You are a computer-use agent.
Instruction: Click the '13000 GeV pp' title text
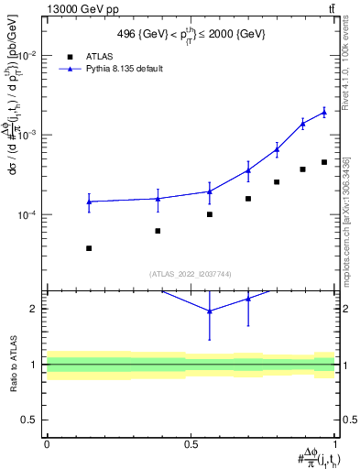point(43,7)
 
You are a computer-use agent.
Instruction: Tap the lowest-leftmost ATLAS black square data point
point(89,248)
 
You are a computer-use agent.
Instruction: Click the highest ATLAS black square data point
point(324,162)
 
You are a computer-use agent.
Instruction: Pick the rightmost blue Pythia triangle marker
point(324,113)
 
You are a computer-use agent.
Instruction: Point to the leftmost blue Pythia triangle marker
point(89,202)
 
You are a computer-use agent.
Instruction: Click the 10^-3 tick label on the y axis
point(26,135)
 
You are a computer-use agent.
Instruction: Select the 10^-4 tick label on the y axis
point(26,214)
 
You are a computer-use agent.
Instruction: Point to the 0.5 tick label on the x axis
point(191,442)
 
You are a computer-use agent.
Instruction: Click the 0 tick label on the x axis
point(46,442)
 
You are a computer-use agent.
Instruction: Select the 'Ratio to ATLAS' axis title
point(12,365)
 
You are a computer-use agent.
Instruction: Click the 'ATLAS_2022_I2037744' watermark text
point(191,273)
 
